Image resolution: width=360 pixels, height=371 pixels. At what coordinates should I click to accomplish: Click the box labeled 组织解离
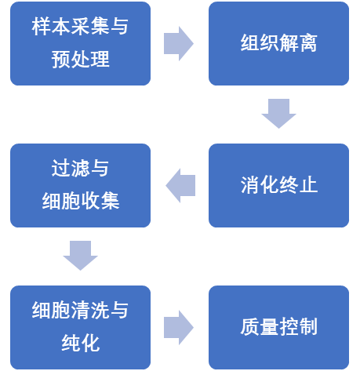click(278, 43)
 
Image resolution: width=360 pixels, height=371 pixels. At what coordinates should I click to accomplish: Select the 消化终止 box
click(278, 185)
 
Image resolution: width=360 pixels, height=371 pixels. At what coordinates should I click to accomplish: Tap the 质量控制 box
click(278, 327)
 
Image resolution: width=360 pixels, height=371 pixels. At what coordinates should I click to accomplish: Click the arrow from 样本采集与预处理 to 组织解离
click(179, 43)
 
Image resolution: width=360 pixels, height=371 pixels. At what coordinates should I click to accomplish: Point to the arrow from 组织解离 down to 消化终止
click(278, 114)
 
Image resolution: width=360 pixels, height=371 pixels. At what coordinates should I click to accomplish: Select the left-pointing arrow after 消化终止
click(180, 185)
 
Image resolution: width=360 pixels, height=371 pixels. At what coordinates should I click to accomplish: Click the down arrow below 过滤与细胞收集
click(80, 256)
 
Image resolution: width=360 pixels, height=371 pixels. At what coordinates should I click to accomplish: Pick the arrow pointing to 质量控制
click(179, 327)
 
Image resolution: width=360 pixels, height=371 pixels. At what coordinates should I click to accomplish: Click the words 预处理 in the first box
click(80, 60)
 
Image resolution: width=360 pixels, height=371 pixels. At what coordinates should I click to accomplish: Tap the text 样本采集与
click(80, 27)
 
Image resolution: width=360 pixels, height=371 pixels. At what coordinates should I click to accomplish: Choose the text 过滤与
click(80, 169)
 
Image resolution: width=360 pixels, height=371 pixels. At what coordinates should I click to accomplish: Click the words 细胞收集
click(81, 201)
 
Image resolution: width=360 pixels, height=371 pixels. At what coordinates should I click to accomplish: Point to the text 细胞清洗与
click(80, 310)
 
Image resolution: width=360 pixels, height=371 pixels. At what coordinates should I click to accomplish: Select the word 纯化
click(80, 343)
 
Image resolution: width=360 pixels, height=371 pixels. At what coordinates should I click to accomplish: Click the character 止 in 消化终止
click(308, 185)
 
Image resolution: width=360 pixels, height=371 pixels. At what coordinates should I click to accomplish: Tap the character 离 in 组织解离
click(308, 43)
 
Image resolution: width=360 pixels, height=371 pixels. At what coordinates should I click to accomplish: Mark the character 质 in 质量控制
click(249, 327)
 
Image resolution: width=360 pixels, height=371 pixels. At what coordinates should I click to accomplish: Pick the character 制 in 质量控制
click(308, 327)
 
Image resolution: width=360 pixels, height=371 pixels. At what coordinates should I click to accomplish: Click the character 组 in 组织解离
click(249, 43)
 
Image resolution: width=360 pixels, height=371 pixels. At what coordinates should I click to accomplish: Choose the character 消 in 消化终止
click(249, 185)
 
